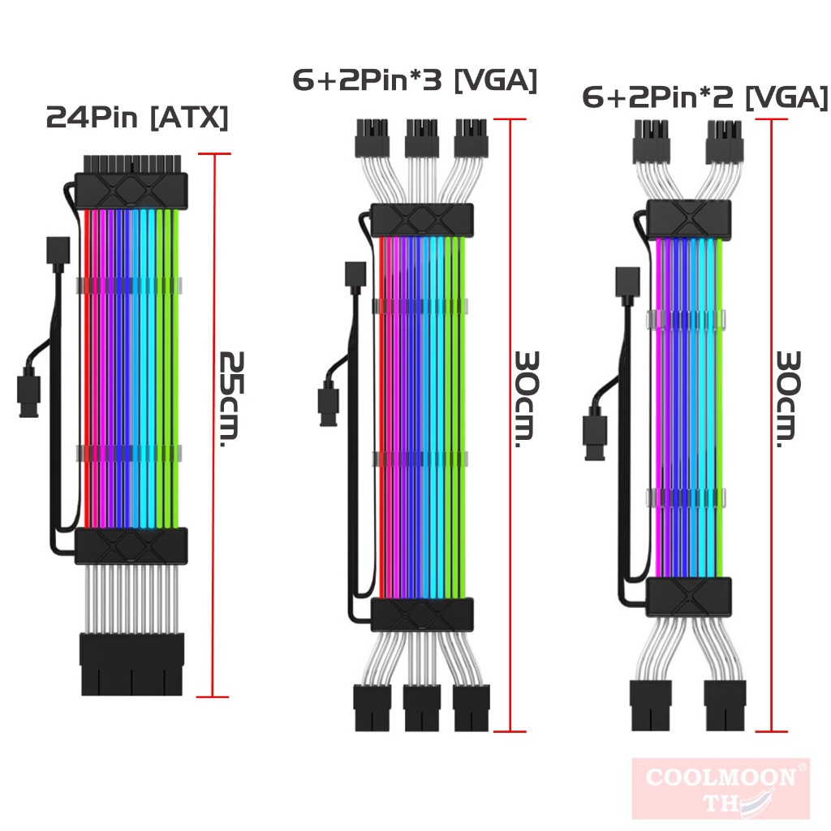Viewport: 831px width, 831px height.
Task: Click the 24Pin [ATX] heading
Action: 137,117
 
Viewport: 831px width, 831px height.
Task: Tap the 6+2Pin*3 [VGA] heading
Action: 415,80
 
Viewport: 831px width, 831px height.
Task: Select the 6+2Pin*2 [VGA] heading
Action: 705,97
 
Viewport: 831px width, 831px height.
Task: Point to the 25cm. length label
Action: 231,398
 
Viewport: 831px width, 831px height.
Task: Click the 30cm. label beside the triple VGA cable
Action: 527,399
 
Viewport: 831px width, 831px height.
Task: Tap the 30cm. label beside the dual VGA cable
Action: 787,399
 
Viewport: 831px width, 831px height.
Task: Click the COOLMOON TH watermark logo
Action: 721,788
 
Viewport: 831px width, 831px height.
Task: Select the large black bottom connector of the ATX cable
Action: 132,664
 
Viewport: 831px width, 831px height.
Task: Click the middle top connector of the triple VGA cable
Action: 421,138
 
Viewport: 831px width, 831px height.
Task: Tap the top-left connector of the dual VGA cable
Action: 650,142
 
